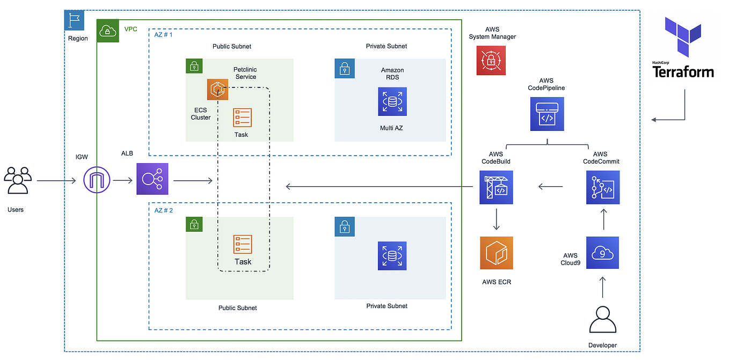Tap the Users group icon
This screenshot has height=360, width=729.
click(x=17, y=181)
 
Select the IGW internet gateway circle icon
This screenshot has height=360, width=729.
click(x=98, y=180)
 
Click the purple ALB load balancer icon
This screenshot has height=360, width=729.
click(x=152, y=179)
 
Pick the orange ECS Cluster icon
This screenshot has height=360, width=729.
click(x=218, y=89)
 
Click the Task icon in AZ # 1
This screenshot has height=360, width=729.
click(x=242, y=117)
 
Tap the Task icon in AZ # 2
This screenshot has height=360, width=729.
click(x=242, y=244)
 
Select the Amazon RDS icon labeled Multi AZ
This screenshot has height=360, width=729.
click(x=392, y=101)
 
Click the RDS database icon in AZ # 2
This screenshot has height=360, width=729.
click(x=392, y=256)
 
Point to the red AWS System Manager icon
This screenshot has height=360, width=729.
click(x=491, y=60)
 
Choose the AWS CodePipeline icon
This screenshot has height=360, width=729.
click(x=546, y=114)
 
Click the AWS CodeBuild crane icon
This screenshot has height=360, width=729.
click(x=496, y=187)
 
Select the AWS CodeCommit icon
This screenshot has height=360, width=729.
click(x=602, y=187)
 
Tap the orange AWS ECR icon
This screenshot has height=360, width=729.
click(x=496, y=253)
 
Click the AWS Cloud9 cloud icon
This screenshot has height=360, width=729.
click(x=602, y=253)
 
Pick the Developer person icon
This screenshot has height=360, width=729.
click(x=602, y=320)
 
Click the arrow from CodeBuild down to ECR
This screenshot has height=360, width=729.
click(x=496, y=219)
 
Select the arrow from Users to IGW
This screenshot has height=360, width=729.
click(x=56, y=181)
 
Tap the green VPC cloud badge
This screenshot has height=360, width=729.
click(x=107, y=31)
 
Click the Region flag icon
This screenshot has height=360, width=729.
click(x=74, y=20)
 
